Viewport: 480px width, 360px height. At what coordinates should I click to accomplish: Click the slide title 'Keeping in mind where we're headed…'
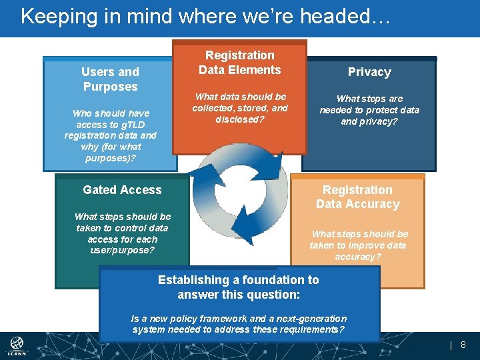pyautogui.click(x=205, y=16)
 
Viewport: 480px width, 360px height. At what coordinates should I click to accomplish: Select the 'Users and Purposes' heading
pyautogui.click(x=110, y=79)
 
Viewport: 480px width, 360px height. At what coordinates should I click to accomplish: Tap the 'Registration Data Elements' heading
pyautogui.click(x=240, y=63)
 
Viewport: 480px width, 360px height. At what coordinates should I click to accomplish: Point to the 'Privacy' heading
pyautogui.click(x=369, y=72)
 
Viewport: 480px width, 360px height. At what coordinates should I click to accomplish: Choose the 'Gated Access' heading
pyautogui.click(x=122, y=190)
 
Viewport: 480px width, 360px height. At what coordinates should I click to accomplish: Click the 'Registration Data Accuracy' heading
pyautogui.click(x=357, y=197)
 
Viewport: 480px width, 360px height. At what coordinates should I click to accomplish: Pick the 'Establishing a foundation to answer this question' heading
pyautogui.click(x=239, y=287)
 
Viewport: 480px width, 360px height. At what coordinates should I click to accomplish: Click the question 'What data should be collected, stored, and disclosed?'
pyautogui.click(x=240, y=108)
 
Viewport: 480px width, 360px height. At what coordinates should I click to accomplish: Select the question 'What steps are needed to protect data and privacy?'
pyautogui.click(x=369, y=110)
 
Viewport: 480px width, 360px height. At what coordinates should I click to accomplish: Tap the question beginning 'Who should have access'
pyautogui.click(x=111, y=136)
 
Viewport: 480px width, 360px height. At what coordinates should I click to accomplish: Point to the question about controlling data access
pyautogui.click(x=123, y=233)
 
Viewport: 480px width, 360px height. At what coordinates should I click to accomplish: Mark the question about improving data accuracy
pyautogui.click(x=359, y=245)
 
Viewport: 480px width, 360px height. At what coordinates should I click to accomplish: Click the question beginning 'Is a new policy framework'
pyautogui.click(x=239, y=324)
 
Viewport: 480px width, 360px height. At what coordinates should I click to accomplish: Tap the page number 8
pyautogui.click(x=463, y=345)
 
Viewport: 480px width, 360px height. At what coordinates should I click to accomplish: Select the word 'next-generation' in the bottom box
pyautogui.click(x=313, y=319)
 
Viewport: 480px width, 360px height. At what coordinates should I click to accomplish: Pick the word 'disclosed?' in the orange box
pyautogui.click(x=240, y=120)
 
